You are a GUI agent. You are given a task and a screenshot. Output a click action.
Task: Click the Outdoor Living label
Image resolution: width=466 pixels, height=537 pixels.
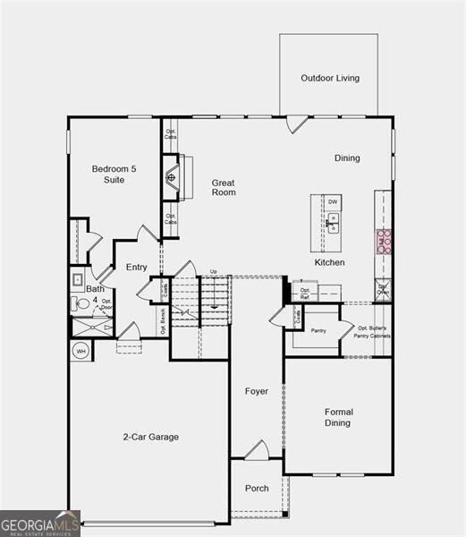[330, 78]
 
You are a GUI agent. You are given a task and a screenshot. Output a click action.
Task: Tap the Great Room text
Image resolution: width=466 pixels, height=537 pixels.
[224, 187]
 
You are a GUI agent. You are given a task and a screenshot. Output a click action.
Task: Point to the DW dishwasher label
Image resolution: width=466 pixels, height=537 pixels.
[333, 202]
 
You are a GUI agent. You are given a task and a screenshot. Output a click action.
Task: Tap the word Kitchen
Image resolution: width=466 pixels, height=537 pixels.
[329, 262]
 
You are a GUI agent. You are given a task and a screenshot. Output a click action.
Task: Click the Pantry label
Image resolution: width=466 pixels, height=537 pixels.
[318, 330]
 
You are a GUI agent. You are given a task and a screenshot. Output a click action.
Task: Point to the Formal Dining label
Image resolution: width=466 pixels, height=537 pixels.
[338, 417]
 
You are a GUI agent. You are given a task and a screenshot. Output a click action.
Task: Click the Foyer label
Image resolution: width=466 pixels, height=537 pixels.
[257, 391]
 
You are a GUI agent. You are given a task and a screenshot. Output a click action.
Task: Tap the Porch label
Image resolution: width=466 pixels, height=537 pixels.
[257, 488]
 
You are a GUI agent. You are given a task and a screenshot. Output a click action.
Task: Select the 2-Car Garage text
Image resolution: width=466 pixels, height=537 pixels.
[150, 437]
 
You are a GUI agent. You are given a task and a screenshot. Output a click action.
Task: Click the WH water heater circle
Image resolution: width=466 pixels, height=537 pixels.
[80, 351]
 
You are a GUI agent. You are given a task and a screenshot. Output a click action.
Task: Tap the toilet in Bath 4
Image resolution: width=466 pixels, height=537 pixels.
[81, 304]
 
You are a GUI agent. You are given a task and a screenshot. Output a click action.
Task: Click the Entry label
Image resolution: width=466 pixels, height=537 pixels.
[137, 267]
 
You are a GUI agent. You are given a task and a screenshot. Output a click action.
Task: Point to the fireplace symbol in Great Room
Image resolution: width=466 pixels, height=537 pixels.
[172, 177]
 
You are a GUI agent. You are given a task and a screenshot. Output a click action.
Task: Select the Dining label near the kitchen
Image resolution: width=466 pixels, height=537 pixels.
[347, 158]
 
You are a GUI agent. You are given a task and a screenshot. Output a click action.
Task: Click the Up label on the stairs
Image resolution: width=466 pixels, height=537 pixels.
[214, 271]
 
